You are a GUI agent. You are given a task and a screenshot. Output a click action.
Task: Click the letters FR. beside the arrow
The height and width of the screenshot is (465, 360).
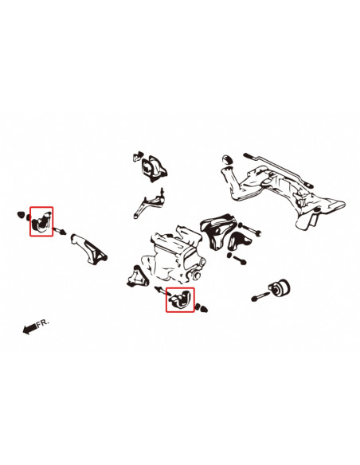42,322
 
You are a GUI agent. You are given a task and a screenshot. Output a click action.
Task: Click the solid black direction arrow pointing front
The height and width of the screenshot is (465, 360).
29,327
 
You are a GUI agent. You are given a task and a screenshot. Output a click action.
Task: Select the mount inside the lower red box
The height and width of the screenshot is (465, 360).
179,300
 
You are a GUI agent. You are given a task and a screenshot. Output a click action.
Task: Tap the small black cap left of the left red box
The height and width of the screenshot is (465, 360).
19,214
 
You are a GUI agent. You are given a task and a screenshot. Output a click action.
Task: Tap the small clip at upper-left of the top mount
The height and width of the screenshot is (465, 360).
137,155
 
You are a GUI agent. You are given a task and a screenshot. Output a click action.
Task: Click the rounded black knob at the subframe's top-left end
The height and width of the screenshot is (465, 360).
227,158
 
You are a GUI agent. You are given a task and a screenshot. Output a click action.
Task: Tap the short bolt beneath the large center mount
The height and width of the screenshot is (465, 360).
239,259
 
